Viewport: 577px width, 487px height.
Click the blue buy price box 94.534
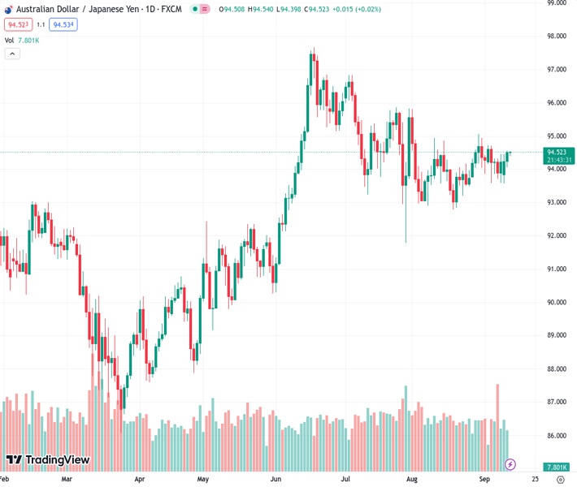(x=63, y=25)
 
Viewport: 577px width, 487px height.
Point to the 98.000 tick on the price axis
(x=556, y=37)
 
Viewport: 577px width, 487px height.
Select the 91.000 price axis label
(x=556, y=269)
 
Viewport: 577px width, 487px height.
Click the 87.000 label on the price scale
(x=556, y=403)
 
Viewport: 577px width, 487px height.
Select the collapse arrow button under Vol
(x=12, y=54)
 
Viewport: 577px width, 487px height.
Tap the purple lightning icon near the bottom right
(x=510, y=464)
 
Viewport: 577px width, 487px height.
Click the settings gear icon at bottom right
(x=561, y=480)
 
